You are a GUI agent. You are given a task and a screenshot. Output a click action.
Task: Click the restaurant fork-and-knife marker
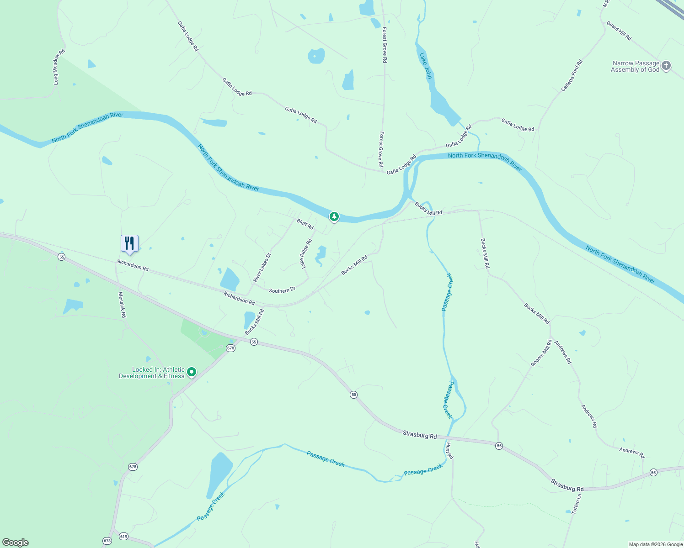129,243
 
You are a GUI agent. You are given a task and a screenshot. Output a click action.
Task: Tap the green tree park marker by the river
334,216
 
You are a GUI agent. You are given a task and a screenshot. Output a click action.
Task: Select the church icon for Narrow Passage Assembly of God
666,66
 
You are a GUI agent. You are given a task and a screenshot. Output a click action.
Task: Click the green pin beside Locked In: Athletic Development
192,372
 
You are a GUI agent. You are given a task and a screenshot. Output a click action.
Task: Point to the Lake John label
426,66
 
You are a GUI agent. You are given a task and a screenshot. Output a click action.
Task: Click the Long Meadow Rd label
59,67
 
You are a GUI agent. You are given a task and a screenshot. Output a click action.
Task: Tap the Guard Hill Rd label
619,31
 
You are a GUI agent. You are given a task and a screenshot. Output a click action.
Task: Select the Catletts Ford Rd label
572,75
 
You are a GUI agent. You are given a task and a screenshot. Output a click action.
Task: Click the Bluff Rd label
305,224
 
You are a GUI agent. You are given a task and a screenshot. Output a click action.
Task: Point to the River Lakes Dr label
262,268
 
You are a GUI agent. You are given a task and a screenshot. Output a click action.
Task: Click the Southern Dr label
282,290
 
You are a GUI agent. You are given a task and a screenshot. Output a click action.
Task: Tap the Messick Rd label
122,305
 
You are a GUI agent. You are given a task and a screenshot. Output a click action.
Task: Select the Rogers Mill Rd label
541,353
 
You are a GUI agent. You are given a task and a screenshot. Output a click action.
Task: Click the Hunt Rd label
449,451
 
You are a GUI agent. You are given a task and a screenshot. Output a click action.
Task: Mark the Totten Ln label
577,503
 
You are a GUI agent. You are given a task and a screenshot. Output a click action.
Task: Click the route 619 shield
123,536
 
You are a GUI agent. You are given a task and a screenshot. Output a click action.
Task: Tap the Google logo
16,543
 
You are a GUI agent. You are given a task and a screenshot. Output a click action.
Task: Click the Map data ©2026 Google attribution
656,544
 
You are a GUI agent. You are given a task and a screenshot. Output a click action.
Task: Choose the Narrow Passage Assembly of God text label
635,67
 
